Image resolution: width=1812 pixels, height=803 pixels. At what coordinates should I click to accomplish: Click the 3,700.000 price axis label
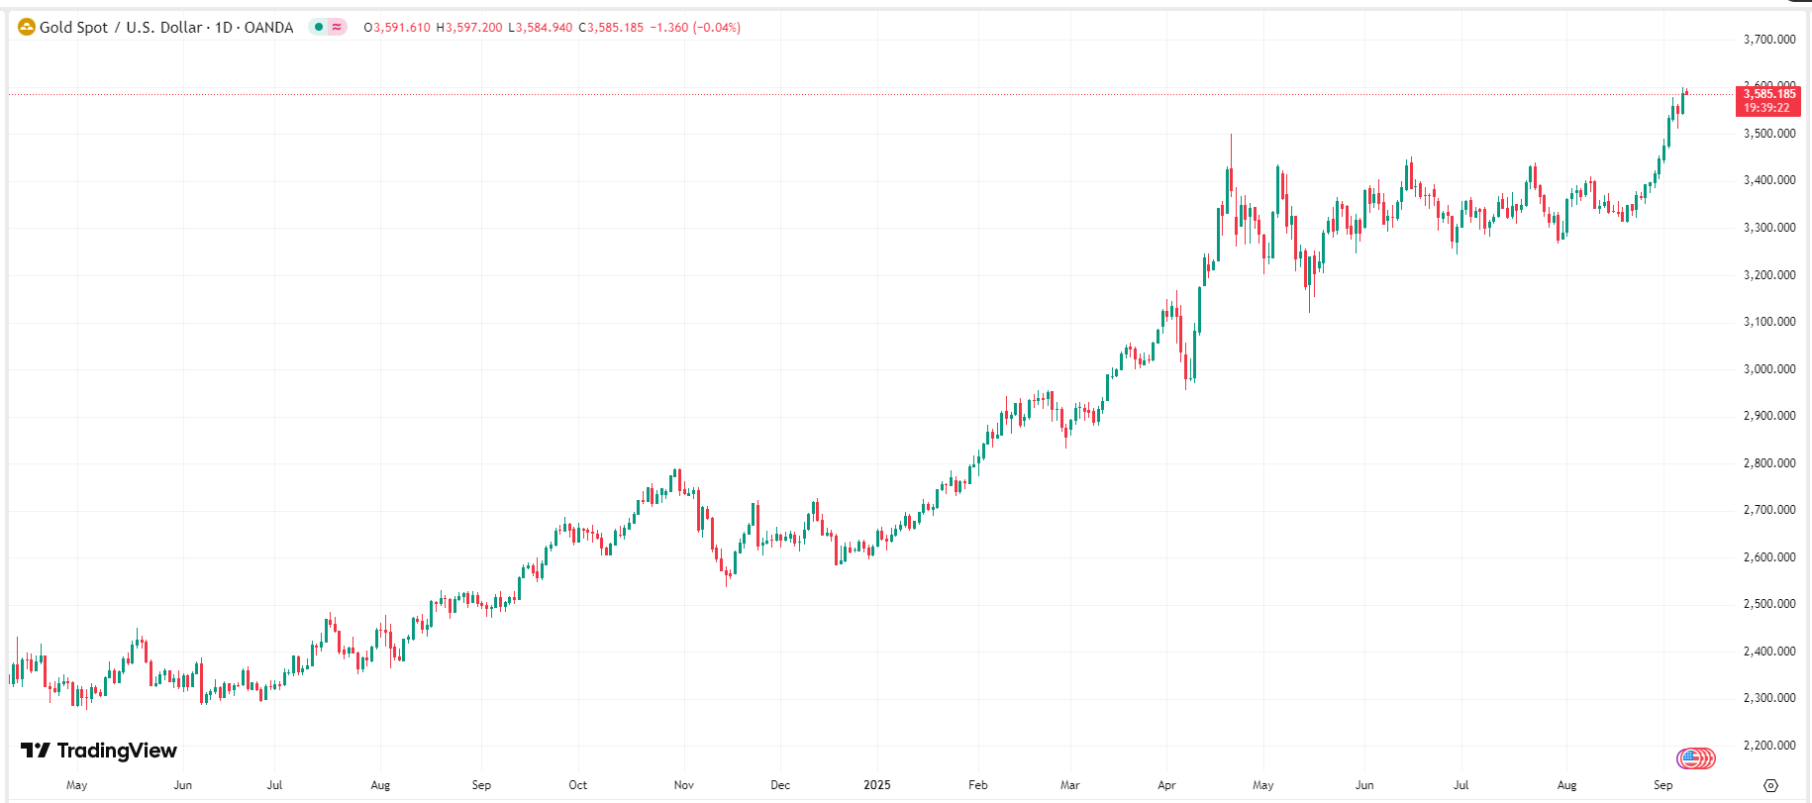pyautogui.click(x=1768, y=40)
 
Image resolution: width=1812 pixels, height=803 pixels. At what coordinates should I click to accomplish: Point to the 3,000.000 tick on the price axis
pyautogui.click(x=1768, y=369)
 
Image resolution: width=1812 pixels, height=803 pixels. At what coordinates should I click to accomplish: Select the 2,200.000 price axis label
pyautogui.click(x=1768, y=746)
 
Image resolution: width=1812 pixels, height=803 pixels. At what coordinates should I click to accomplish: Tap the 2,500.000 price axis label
pyautogui.click(x=1768, y=604)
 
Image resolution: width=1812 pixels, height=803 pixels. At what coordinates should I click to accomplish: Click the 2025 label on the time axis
pyautogui.click(x=876, y=785)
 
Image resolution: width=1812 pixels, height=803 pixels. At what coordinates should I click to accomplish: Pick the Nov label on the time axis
pyautogui.click(x=683, y=785)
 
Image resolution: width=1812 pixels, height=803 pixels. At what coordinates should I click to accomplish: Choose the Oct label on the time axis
pyautogui.click(x=577, y=785)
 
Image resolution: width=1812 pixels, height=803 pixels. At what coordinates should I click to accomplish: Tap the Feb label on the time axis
pyautogui.click(x=977, y=785)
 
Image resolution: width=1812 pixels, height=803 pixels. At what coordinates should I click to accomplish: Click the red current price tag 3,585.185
pyautogui.click(x=1768, y=95)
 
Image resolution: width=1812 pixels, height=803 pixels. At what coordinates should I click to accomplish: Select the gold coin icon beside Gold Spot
pyautogui.click(x=27, y=27)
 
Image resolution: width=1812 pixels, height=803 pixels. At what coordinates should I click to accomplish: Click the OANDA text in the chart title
pyautogui.click(x=268, y=28)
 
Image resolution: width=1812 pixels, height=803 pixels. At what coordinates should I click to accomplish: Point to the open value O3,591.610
pyautogui.click(x=397, y=28)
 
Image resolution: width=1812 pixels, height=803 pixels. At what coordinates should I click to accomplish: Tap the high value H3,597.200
pyautogui.click(x=469, y=28)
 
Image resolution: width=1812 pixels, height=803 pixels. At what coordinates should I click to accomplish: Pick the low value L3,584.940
pyautogui.click(x=541, y=28)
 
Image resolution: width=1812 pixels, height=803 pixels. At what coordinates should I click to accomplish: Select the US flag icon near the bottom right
pyautogui.click(x=1695, y=758)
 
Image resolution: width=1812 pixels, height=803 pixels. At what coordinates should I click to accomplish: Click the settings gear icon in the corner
pyautogui.click(x=1770, y=785)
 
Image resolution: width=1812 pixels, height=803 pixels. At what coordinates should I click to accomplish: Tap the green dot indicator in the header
pyautogui.click(x=318, y=27)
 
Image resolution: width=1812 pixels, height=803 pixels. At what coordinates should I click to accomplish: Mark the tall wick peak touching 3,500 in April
pyautogui.click(x=1231, y=137)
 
